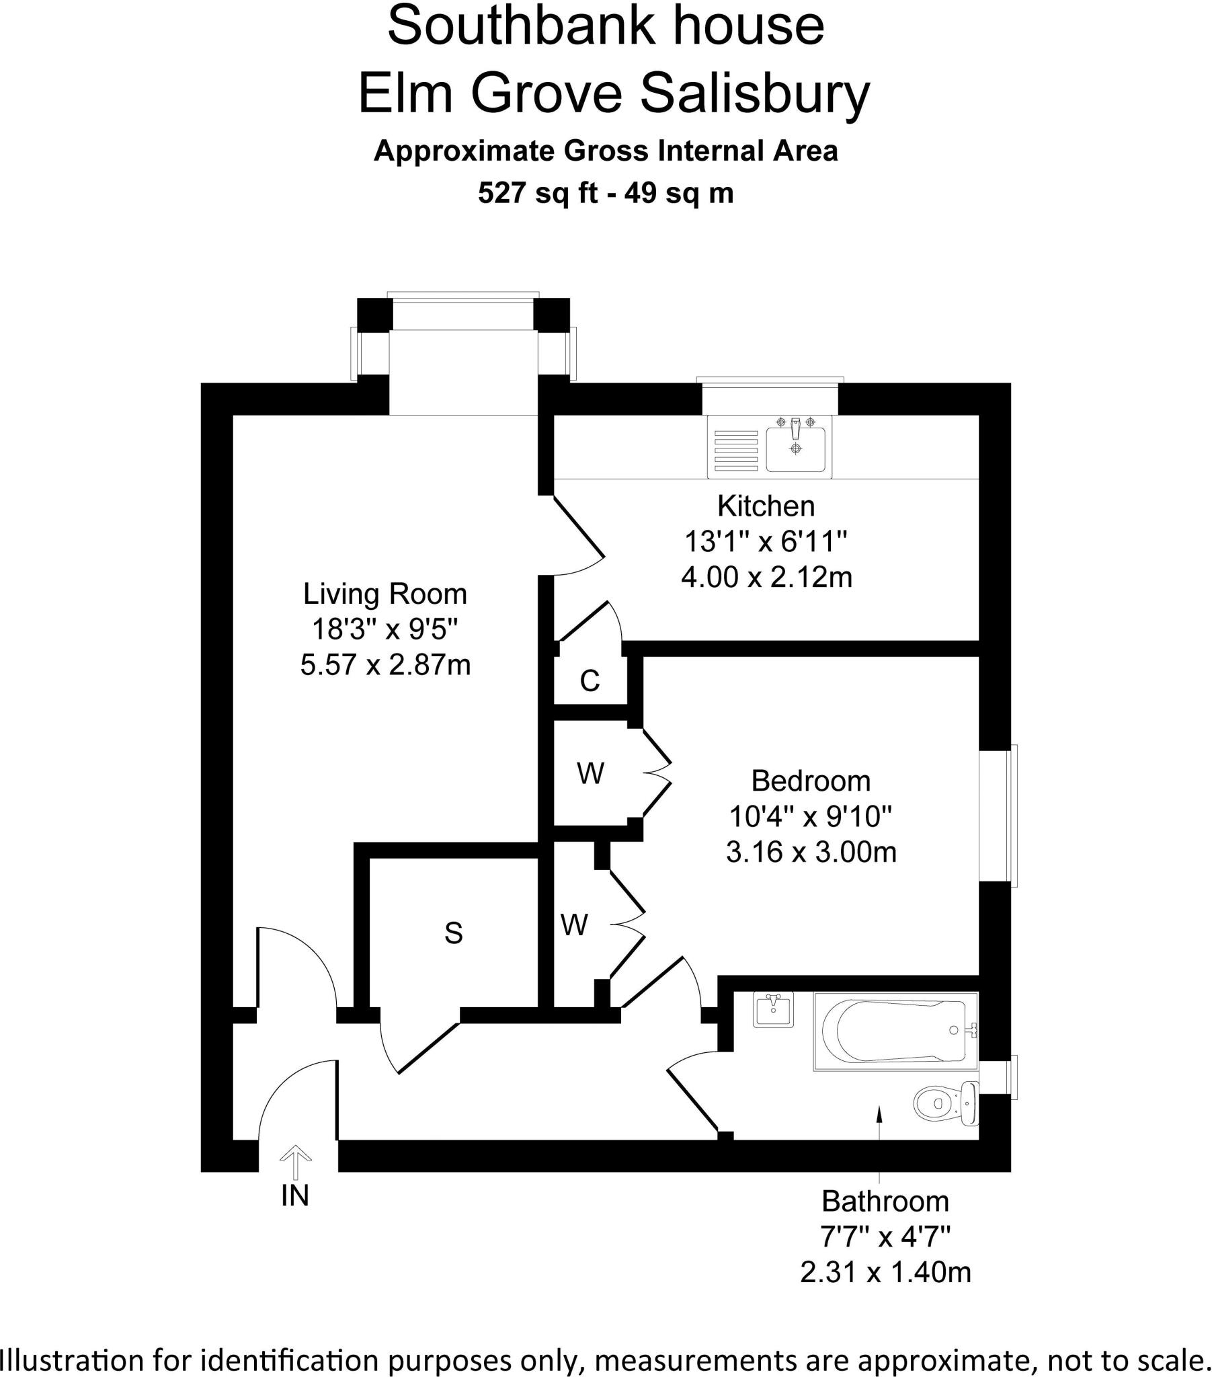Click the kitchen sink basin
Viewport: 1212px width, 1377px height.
tap(796, 449)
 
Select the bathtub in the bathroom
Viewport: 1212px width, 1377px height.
tap(895, 1031)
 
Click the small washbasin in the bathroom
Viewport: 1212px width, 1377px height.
tap(773, 1009)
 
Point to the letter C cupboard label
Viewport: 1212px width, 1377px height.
tap(590, 682)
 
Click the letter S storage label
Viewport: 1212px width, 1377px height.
tap(453, 933)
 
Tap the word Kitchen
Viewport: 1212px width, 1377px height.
tap(766, 506)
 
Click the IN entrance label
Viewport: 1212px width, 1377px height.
tap(295, 1195)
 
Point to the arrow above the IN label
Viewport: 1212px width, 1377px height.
tap(295, 1162)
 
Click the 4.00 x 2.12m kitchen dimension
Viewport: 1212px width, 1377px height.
tap(766, 578)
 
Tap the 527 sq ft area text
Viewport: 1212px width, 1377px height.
tap(538, 194)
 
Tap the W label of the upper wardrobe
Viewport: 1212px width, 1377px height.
tap(590, 773)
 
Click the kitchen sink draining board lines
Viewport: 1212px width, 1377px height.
tap(736, 450)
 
